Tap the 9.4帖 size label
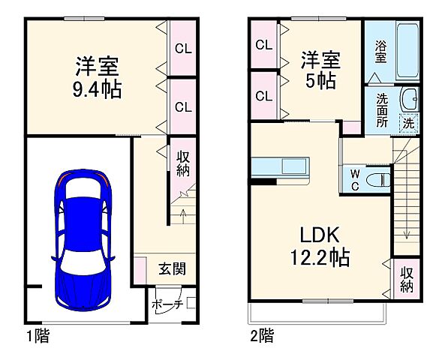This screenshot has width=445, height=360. tap(98, 89)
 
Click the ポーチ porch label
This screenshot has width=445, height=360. tap(166, 305)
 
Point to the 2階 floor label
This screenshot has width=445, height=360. tap(260, 337)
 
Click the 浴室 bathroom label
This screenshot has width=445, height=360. tap(380, 53)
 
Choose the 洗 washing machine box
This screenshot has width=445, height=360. tap(408, 122)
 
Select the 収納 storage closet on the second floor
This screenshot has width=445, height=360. tap(407, 278)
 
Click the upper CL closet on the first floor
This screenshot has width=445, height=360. tap(183, 49)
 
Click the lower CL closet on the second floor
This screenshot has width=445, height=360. tap(263, 95)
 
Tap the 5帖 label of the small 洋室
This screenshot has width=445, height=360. tap(321, 81)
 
